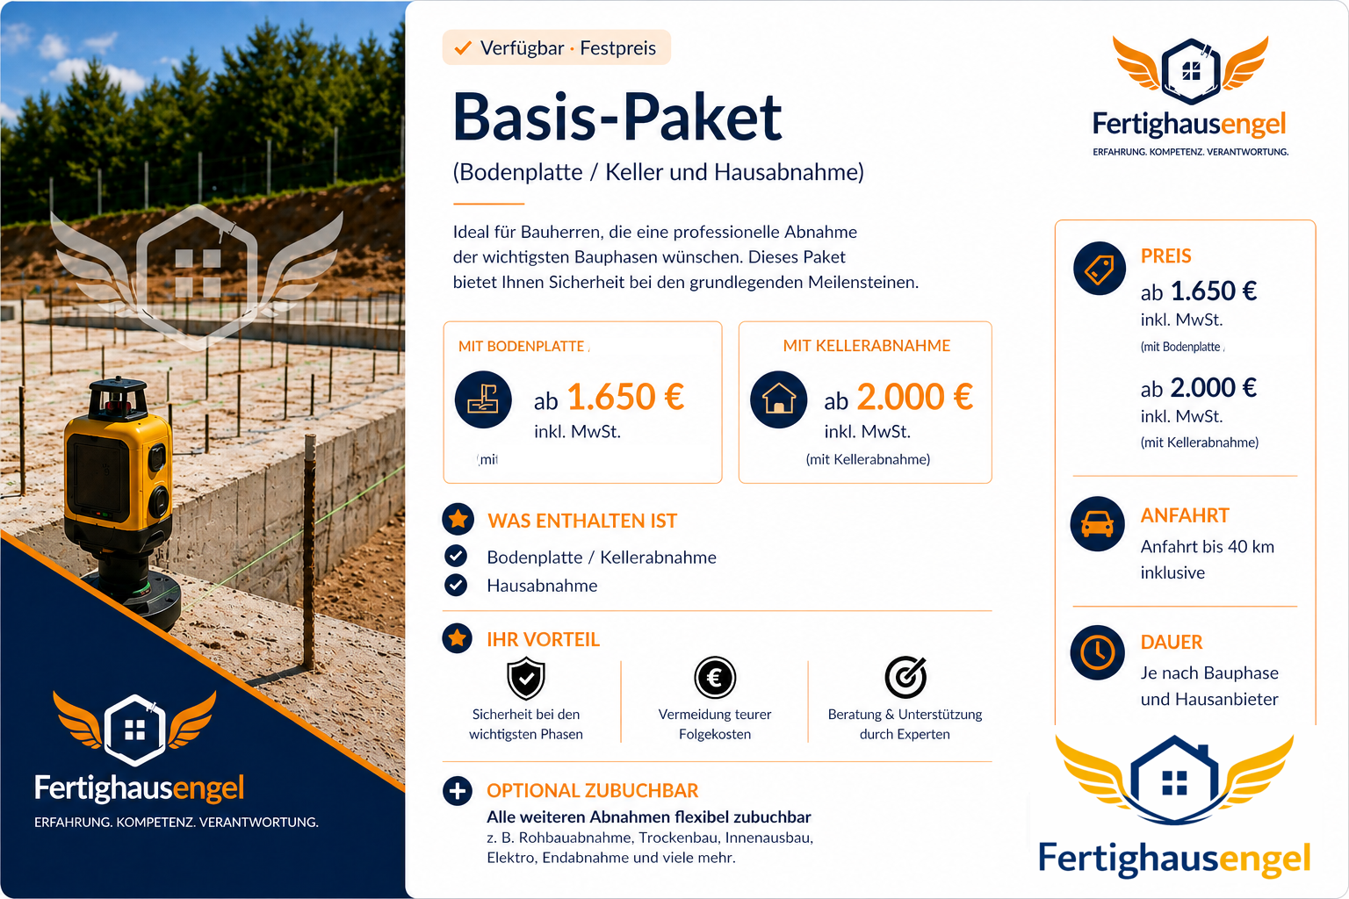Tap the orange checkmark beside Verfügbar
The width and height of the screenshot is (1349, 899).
click(x=463, y=47)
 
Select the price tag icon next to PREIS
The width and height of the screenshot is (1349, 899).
click(x=1099, y=269)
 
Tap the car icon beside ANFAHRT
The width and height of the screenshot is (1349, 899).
click(x=1097, y=523)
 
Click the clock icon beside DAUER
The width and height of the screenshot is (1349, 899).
click(x=1097, y=652)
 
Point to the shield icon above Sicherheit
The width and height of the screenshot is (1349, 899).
click(x=526, y=678)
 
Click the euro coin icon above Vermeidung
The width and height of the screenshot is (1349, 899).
click(x=715, y=678)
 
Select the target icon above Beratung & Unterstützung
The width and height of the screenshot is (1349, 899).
click(x=905, y=677)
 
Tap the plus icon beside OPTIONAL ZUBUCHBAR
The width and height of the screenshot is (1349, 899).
click(x=458, y=791)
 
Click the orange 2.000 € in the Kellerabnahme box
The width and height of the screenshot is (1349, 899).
click(x=915, y=397)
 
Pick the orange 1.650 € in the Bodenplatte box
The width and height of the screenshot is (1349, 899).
click(x=625, y=397)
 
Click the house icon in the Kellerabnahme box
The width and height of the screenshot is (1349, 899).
click(x=779, y=399)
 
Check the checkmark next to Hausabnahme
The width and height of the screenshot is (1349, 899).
click(x=456, y=585)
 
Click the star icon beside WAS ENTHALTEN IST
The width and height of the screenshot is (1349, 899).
click(x=458, y=519)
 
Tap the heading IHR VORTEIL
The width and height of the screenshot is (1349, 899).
click(x=544, y=639)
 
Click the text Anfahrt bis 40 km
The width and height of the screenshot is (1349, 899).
click(x=1208, y=547)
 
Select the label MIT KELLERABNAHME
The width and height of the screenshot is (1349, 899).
click(x=867, y=346)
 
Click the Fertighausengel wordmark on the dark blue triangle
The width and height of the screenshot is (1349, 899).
click(x=139, y=788)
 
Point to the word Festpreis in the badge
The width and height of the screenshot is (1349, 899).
click(x=618, y=48)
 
